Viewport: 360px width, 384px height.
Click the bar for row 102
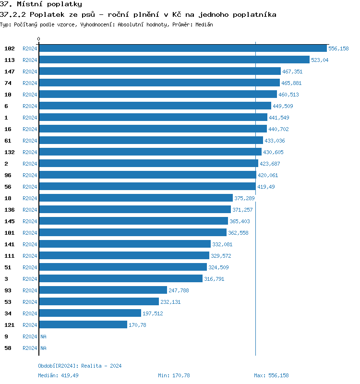point(182,48)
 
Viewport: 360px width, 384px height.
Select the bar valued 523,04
point(174,60)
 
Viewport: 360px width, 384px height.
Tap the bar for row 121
point(83,325)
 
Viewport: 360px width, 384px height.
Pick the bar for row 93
point(103,290)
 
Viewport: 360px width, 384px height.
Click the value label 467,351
point(292,72)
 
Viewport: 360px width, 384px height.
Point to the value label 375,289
point(244,198)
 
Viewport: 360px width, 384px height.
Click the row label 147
point(10,72)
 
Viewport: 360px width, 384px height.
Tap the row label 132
point(10,152)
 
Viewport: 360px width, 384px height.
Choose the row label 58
point(8,348)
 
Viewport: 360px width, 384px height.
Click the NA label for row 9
point(43,336)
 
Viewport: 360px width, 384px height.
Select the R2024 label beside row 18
point(30,198)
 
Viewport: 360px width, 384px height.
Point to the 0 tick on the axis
point(39,39)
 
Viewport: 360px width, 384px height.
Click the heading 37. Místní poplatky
point(41,4)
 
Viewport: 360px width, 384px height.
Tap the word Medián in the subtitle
point(204,24)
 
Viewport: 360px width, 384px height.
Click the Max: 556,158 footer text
point(271,375)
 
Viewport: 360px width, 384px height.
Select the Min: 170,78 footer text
point(174,375)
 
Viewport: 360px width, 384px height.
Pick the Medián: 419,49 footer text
point(58,375)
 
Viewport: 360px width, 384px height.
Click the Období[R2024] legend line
point(80,366)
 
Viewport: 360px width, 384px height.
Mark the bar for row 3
point(120,279)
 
